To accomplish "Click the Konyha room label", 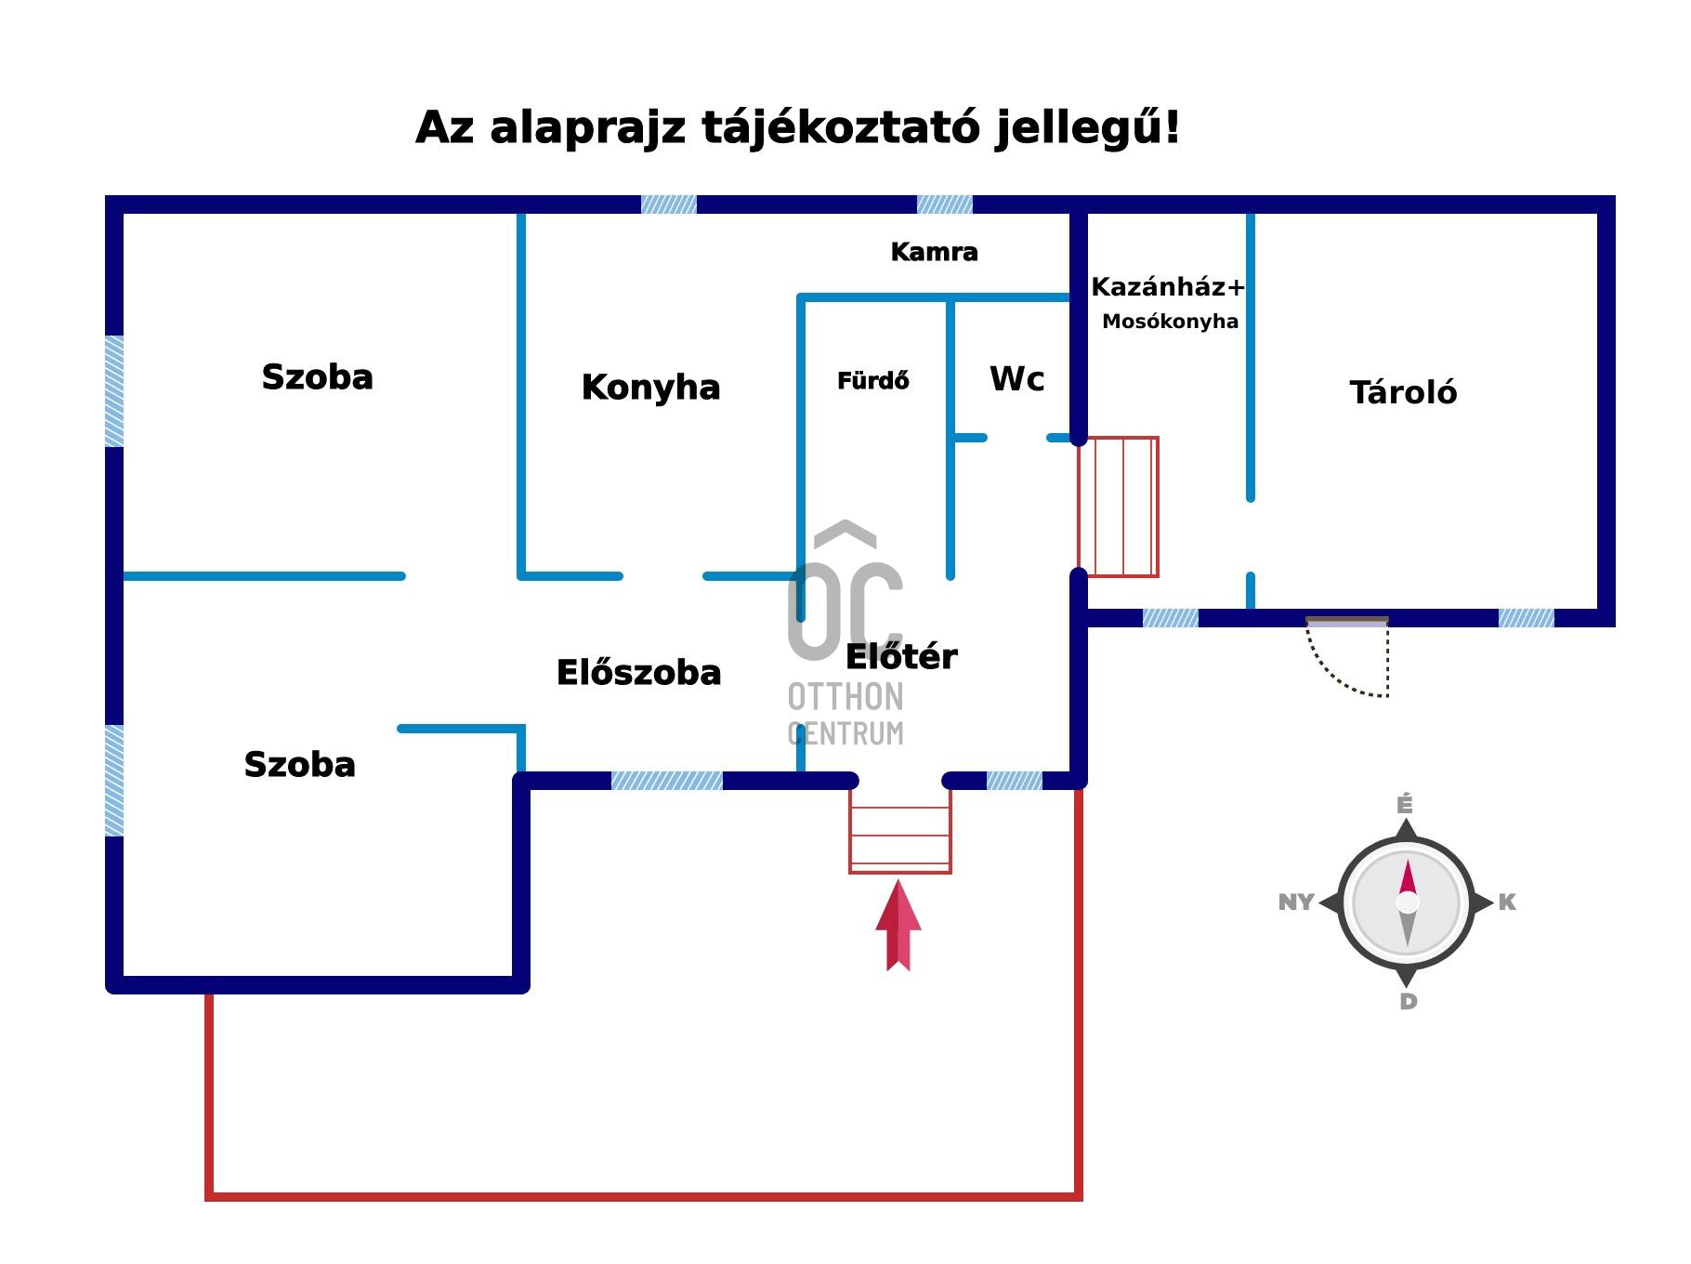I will point(650,388).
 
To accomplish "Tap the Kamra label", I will point(934,252).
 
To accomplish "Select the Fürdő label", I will point(872,381).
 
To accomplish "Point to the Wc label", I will point(1016,379).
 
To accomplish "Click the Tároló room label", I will point(1402,392).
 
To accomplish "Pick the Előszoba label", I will point(638,672).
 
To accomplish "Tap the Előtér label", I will point(900,656).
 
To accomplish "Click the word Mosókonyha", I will point(1170,322).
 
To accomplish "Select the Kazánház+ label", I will point(1167,287).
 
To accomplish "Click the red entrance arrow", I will point(898,926).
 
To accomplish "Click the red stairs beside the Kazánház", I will point(1118,507).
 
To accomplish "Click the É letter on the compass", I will point(1405,804).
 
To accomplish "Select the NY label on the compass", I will point(1295,902).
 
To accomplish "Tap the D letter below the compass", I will point(1408,1001).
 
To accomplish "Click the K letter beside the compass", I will point(1506,902).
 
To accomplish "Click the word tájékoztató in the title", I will point(840,127).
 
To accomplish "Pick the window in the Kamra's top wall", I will point(944,204).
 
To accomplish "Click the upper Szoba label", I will point(317,377).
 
